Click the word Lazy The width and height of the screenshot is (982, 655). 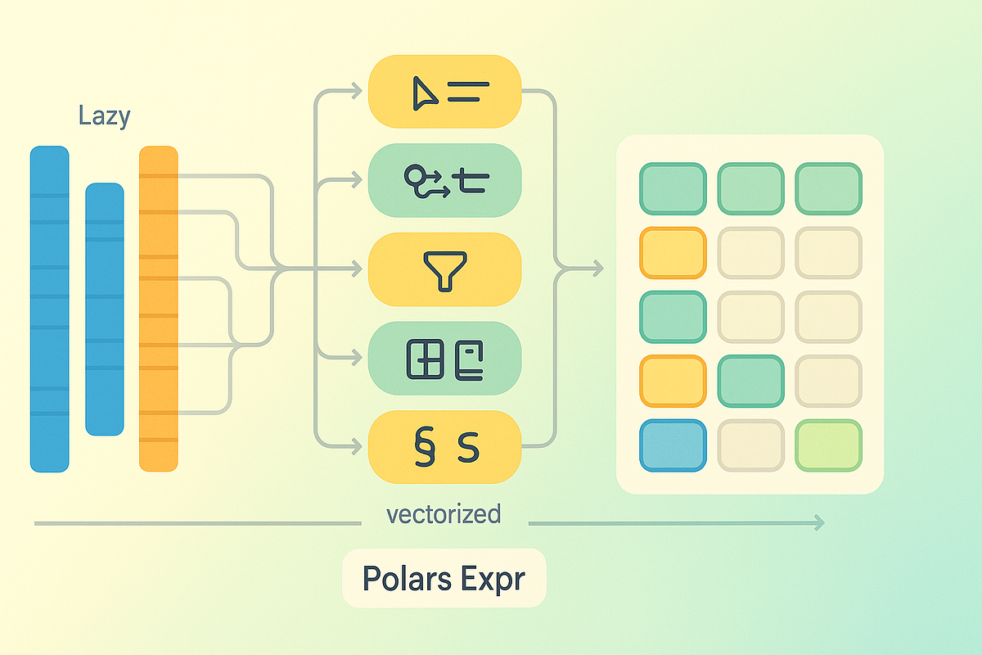[104, 115]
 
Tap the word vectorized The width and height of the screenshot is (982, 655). [443, 514]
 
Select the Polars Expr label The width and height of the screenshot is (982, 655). [444, 578]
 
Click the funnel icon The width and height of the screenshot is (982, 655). [444, 270]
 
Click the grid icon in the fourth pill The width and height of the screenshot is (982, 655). [425, 359]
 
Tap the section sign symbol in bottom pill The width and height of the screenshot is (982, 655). [424, 448]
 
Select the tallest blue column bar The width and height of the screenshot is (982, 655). [50, 309]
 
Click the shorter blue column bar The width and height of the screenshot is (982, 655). [105, 309]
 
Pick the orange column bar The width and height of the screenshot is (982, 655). [159, 309]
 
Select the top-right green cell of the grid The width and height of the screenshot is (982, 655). [828, 189]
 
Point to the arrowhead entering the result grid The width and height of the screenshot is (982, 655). [598, 268]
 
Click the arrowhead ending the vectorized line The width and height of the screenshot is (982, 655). [818, 523]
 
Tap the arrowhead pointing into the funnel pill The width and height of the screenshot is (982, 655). [357, 268]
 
